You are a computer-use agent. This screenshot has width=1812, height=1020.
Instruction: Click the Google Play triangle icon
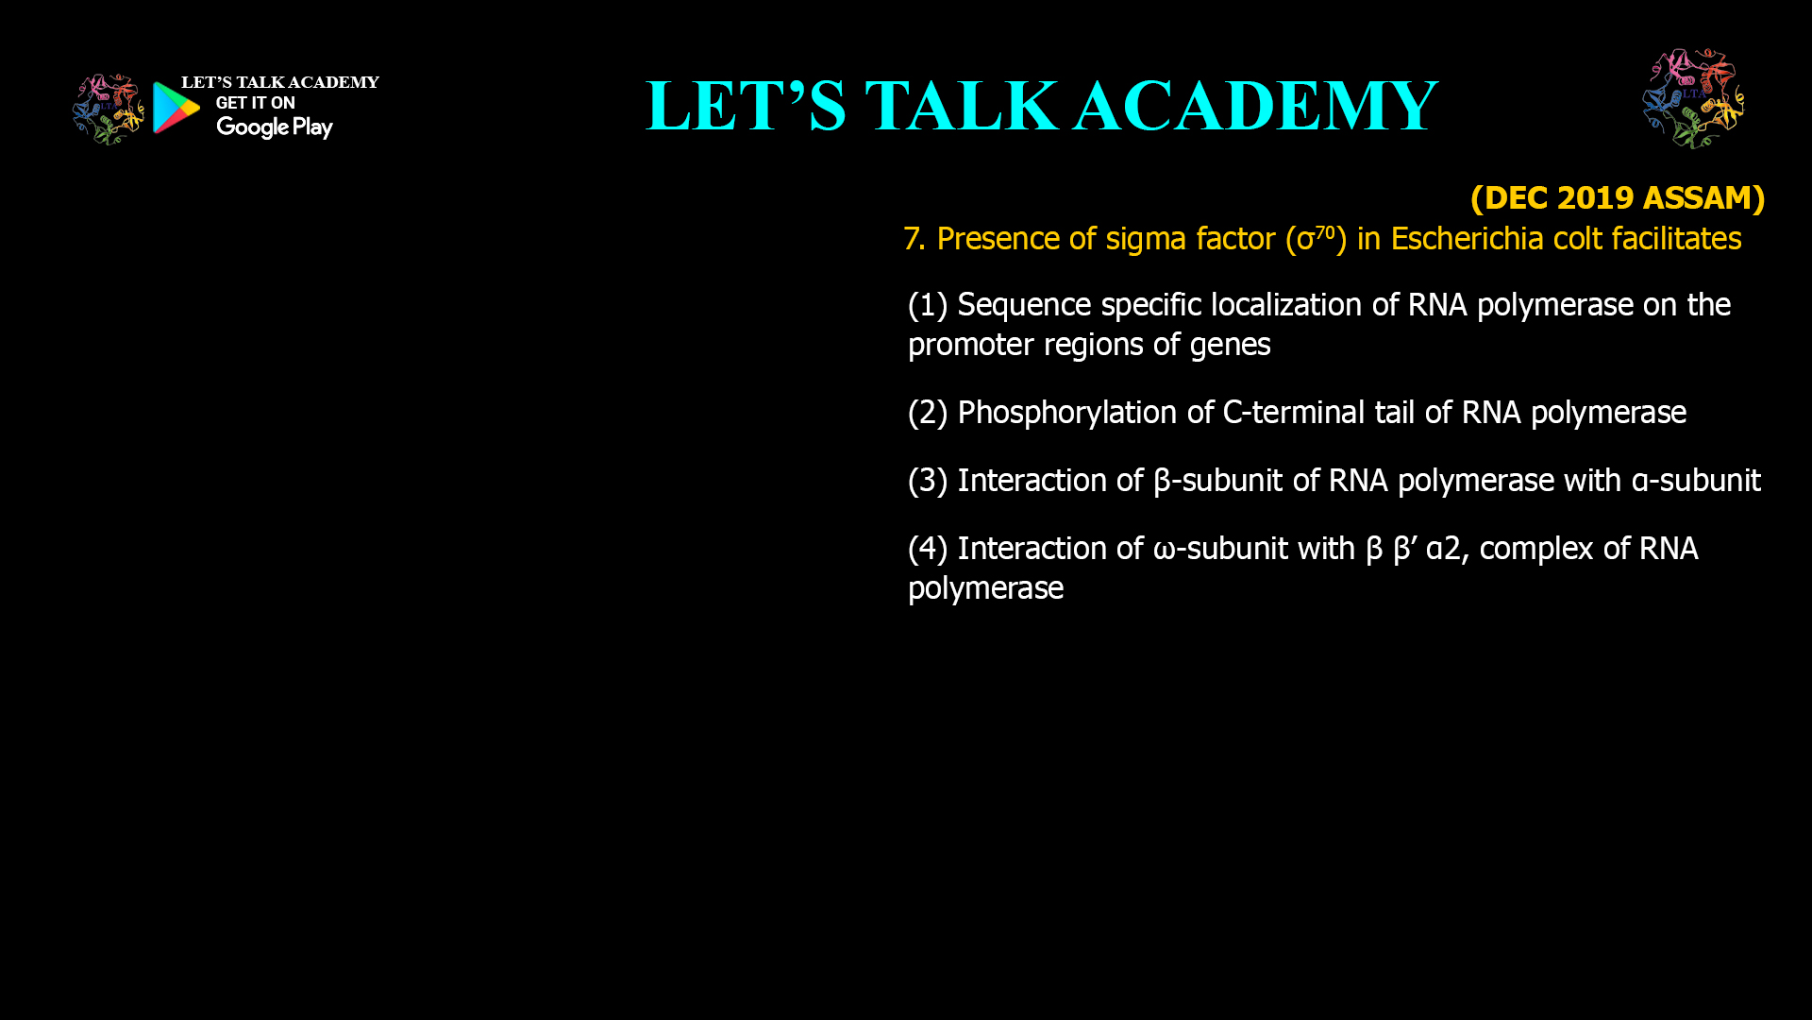176,108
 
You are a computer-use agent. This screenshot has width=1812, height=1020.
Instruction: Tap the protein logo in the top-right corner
1693,99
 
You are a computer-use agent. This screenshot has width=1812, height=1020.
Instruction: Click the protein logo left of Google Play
109,110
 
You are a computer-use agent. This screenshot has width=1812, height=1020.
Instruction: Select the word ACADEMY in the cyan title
1255,106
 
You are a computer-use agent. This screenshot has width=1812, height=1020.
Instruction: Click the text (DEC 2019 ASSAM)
1617,197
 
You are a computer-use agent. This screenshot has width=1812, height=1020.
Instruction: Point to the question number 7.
913,239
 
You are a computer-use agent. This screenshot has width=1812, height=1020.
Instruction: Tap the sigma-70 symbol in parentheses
1316,238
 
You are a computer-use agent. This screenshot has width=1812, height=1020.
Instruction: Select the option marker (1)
927,305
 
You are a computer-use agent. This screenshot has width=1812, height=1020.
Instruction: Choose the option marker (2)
927,413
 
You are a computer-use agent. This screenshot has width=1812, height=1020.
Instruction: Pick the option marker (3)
927,481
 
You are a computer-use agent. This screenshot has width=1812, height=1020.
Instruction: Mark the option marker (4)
927,549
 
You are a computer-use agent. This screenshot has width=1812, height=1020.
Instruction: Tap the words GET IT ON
255,103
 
